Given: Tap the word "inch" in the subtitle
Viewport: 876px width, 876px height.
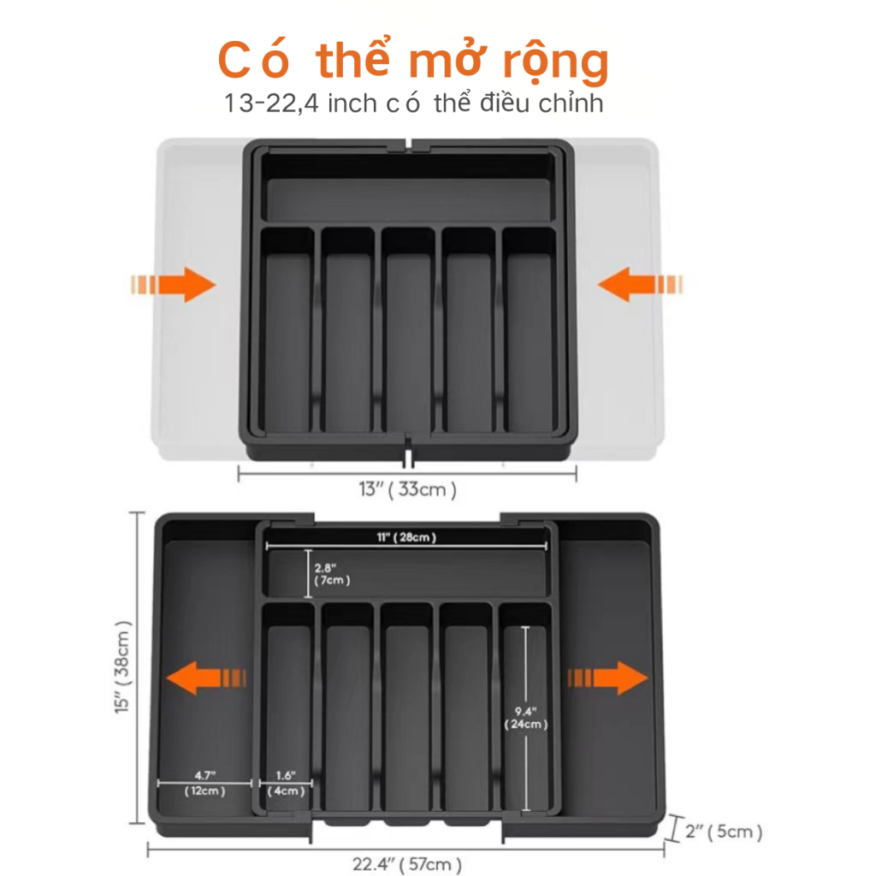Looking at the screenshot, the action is [352, 104].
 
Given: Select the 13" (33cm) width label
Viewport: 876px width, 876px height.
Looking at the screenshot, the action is [407, 489].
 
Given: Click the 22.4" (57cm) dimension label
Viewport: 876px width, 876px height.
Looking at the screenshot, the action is [406, 864].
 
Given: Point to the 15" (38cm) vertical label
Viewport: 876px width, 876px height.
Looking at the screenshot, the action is [122, 666].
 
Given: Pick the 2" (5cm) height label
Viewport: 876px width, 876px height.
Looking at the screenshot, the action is [724, 832].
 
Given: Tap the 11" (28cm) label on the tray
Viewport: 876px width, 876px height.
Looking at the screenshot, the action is [406, 537].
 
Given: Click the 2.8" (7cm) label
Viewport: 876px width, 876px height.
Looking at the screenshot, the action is [332, 574].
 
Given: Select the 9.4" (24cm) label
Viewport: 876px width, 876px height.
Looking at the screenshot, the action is [526, 718].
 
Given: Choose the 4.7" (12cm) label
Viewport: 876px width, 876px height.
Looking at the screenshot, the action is [205, 784].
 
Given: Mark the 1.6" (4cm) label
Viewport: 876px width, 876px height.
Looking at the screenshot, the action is [286, 784].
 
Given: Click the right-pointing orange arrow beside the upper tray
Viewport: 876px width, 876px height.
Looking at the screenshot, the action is [173, 284].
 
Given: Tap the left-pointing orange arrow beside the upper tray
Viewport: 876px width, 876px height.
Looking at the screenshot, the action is [640, 284].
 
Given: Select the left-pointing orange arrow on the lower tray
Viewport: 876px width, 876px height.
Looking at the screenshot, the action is [206, 678].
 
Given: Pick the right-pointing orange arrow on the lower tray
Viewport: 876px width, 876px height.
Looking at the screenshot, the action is [608, 678].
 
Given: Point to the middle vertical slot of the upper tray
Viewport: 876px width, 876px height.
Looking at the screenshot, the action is [408, 329].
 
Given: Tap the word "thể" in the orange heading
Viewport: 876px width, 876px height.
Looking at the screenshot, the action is [352, 58].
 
